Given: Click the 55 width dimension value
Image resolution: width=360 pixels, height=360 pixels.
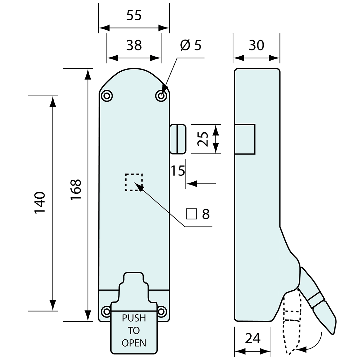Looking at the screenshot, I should [x=134, y=15].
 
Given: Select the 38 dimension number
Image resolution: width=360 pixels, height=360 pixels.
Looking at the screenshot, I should [x=134, y=45].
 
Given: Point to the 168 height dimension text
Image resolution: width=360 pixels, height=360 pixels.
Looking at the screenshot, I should [x=76, y=190].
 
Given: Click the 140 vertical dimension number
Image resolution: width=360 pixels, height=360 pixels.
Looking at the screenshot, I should [x=40, y=203].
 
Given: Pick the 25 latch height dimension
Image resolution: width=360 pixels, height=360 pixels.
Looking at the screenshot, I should [x=202, y=139].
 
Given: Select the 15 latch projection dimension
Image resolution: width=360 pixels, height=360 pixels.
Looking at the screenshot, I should [x=178, y=171].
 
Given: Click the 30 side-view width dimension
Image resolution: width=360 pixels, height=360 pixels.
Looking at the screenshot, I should [x=256, y=45].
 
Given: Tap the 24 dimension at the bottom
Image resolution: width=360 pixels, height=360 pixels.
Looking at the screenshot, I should [x=253, y=338].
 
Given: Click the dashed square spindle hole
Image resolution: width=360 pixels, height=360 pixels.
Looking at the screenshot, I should [x=134, y=182].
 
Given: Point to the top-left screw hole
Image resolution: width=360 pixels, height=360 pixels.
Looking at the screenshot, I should [x=107, y=96].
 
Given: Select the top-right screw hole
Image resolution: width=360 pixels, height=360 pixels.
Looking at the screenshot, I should [x=161, y=96].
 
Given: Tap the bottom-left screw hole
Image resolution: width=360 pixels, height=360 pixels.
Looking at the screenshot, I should [x=106, y=311].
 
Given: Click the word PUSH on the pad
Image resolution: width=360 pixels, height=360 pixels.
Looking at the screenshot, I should [x=134, y=318].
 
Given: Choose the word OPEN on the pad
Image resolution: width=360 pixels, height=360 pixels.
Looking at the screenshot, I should [x=134, y=343].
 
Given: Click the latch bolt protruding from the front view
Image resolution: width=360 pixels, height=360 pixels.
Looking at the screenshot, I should [x=178, y=139].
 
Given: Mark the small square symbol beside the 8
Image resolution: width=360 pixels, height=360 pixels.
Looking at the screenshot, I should [x=191, y=214].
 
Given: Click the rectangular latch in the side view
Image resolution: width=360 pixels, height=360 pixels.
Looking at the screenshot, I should [x=245, y=139].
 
